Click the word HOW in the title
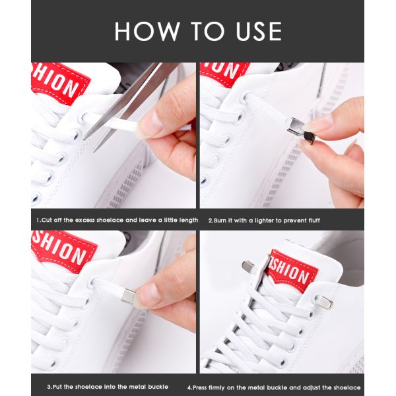(x=147, y=31)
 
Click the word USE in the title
(x=259, y=31)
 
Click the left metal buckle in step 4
(x=249, y=266)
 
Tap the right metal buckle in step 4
(x=324, y=302)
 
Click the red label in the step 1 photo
(x=59, y=82)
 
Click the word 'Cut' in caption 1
(x=47, y=220)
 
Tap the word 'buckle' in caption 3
(x=158, y=387)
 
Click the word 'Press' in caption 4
(x=200, y=387)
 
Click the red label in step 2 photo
(x=224, y=73)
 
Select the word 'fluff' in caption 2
(x=313, y=220)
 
